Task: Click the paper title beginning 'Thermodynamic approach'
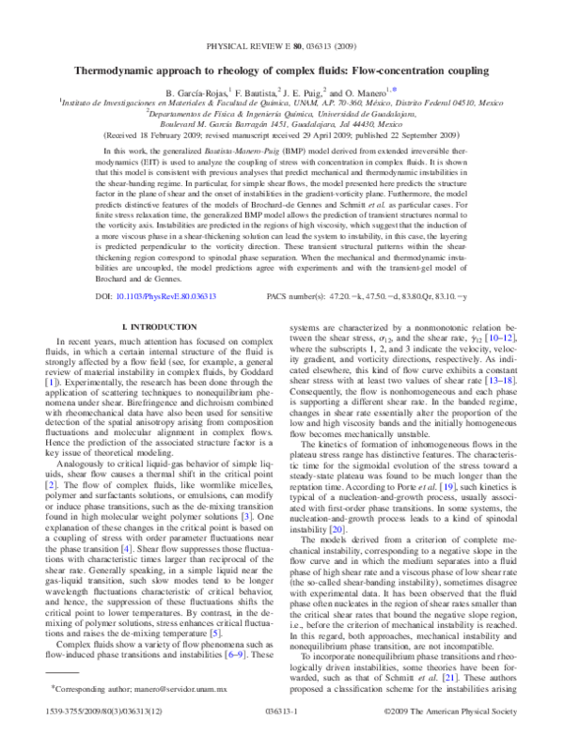coord(282,71)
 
